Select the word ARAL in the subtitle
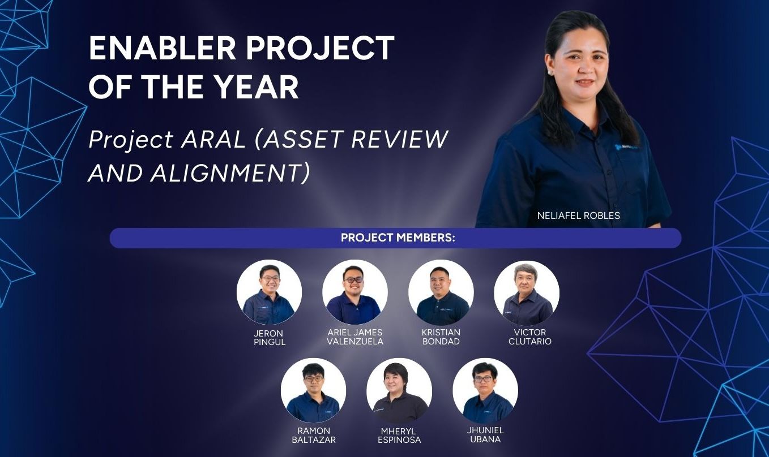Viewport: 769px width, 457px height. [213, 140]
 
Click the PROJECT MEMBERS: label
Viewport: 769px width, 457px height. [398, 238]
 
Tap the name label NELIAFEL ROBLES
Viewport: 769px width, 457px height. [579, 215]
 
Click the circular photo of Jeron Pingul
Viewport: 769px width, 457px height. [269, 292]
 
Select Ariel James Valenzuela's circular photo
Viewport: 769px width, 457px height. [355, 292]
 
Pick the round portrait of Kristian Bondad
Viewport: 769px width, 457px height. [441, 292]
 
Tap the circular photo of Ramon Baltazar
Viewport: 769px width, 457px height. [314, 390]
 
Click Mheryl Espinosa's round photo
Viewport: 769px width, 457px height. [399, 390]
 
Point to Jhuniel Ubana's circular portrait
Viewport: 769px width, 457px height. [485, 390]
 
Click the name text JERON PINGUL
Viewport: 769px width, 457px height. [269, 338]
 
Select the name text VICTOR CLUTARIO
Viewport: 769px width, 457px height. [529, 337]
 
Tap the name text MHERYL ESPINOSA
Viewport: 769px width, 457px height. [399, 436]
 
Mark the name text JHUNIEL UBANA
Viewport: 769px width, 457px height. [485, 435]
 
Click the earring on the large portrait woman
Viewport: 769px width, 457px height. [551, 73]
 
